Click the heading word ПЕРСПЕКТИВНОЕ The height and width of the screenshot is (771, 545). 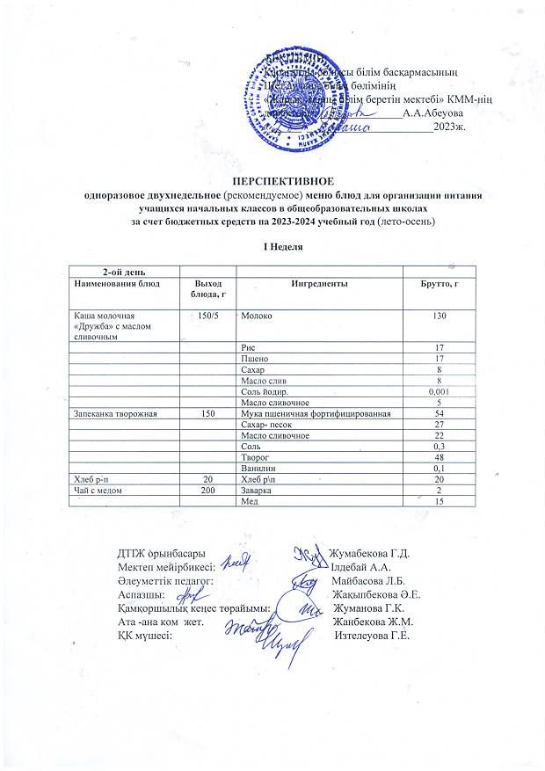273,180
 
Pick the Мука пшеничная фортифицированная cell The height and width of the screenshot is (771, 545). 311,413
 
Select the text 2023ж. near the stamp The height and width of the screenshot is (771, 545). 448,127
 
